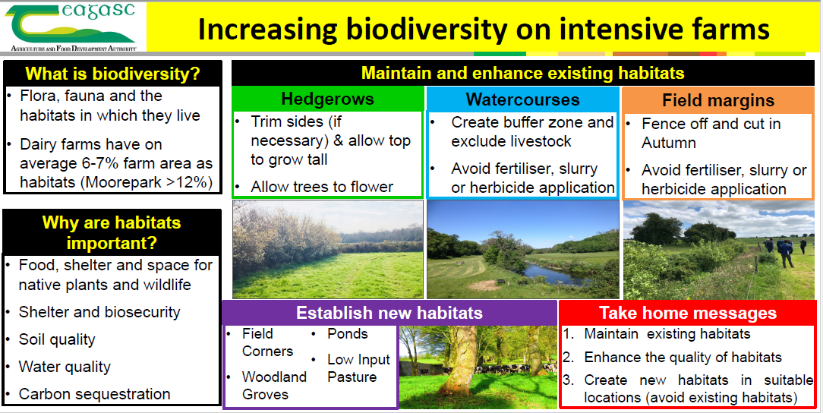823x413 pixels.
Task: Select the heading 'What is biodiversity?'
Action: (113, 74)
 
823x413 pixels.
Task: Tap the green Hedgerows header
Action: (327, 99)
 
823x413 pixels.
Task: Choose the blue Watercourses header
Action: (523, 99)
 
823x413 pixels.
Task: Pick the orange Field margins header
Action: (718, 99)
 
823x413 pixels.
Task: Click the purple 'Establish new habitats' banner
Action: (389, 314)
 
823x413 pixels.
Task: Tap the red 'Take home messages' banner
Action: (688, 314)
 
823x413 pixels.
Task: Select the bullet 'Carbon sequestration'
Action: (94, 394)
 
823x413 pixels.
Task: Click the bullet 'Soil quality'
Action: (57, 339)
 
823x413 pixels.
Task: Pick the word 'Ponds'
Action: (348, 334)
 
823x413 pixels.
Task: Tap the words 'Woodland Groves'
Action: (274, 385)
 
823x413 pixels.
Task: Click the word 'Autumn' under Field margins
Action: (669, 143)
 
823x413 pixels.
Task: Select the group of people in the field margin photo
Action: (784, 250)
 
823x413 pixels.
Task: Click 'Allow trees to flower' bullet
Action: (322, 187)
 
